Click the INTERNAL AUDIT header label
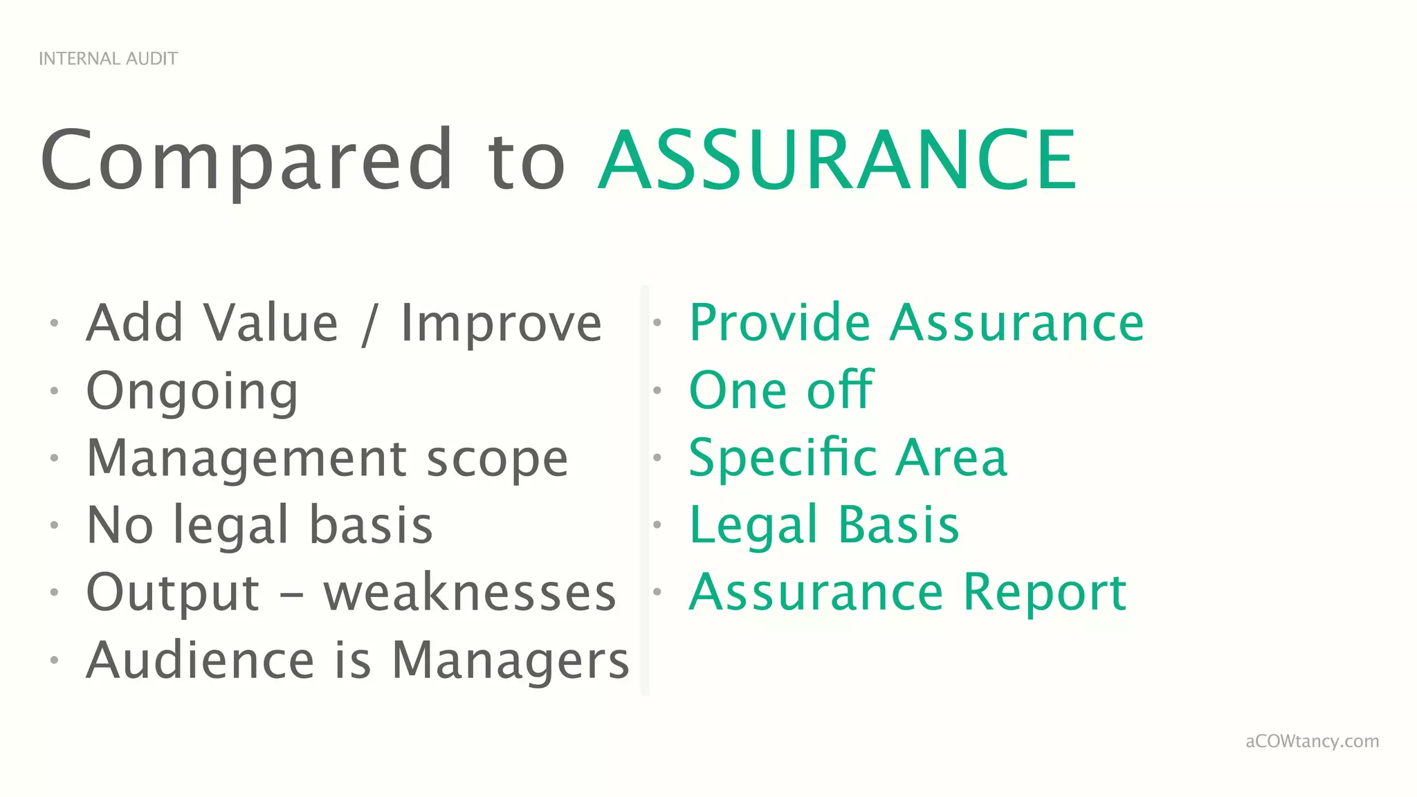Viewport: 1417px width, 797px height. [108, 59]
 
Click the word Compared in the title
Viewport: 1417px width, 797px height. [246, 161]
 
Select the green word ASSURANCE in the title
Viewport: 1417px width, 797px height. [837, 161]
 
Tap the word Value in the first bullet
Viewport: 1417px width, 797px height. [271, 323]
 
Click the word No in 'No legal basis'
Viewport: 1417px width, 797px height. [120, 525]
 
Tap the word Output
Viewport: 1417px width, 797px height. [173, 593]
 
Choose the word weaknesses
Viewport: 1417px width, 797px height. [470, 593]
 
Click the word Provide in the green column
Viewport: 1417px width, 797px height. [780, 323]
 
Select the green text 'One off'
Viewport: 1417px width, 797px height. [781, 390]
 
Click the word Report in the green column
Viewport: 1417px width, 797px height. [1045, 593]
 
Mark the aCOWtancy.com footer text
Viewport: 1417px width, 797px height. [1312, 742]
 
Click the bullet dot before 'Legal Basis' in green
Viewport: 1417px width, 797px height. [657, 525]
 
